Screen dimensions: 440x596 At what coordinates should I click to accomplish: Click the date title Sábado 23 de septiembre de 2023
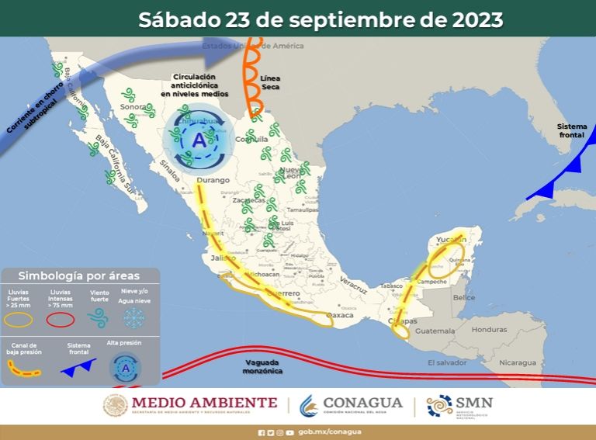[321, 19]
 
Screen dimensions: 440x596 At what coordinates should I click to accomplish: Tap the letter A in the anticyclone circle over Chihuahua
[199, 140]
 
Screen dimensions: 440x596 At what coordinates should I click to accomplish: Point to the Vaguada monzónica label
[262, 366]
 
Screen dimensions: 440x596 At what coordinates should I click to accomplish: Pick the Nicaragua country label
[517, 362]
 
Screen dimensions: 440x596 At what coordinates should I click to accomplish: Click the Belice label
[463, 297]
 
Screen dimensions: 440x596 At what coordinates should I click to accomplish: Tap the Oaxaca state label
[339, 315]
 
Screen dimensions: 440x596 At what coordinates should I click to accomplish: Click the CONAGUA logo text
[363, 403]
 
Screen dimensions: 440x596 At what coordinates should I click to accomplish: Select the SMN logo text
[474, 403]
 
